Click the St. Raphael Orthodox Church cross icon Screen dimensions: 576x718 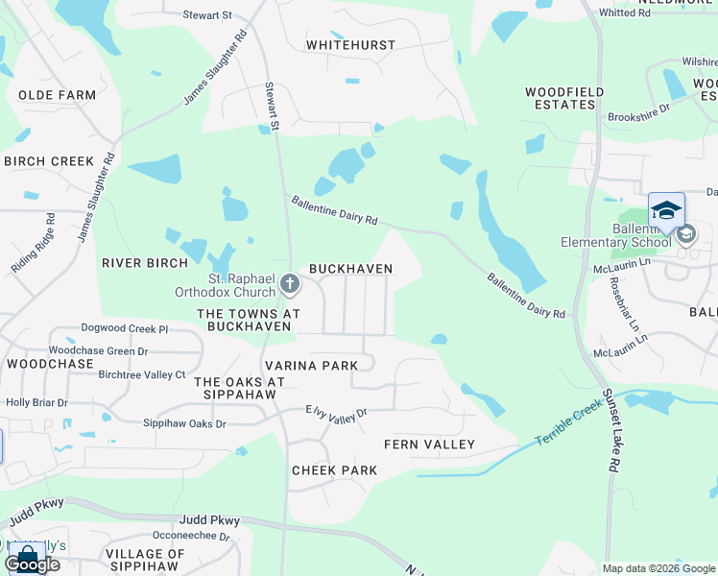(x=290, y=283)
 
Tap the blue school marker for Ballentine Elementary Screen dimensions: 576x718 (x=666, y=211)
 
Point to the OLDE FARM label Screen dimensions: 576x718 (x=57, y=95)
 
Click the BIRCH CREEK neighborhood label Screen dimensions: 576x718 (x=49, y=161)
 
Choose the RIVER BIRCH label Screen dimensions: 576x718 (x=141, y=261)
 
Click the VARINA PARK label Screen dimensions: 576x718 (x=311, y=366)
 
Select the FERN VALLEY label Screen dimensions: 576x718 (x=429, y=444)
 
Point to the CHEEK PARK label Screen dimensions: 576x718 (x=334, y=470)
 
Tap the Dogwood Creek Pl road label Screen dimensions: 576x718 (x=125, y=328)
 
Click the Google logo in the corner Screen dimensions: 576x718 (x=31, y=564)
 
